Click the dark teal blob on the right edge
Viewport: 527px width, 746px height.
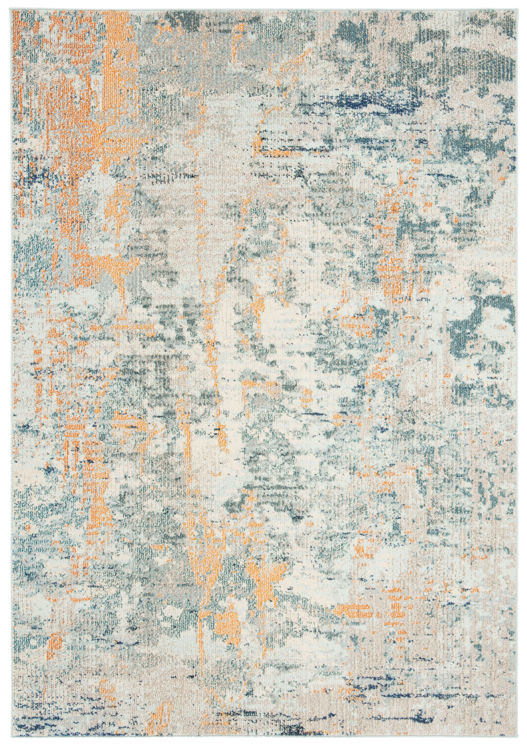[478, 328]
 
